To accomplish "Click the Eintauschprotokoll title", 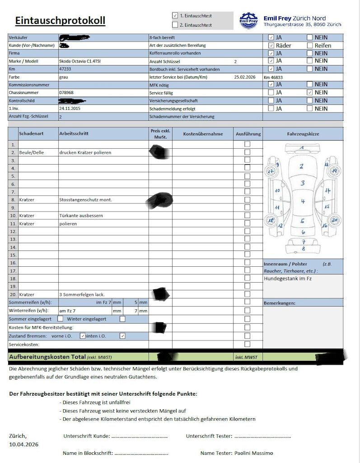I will tap(60, 21).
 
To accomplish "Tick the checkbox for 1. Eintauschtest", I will tap(175, 15).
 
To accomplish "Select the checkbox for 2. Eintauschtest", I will tap(175, 25).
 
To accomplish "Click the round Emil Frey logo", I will tap(249, 20).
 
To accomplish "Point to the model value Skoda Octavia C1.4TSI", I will tap(81, 61).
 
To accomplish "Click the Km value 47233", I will tap(65, 69).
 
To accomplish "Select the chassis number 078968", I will tap(66, 93).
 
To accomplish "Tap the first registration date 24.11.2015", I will tap(70, 109).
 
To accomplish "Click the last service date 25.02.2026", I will tap(245, 77).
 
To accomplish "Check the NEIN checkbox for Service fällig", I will tap(309, 92).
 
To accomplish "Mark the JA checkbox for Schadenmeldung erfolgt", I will tap(271, 109).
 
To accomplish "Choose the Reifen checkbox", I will tap(309, 45).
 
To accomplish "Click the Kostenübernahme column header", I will tap(203, 134).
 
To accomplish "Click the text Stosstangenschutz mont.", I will tap(85, 199).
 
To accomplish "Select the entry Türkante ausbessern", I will tap(81, 216).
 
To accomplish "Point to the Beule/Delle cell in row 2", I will tap(31, 153).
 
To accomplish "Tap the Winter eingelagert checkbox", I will tap(122, 319).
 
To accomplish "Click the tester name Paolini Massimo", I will tap(253, 453).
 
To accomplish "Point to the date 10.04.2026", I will tap(23, 444).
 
